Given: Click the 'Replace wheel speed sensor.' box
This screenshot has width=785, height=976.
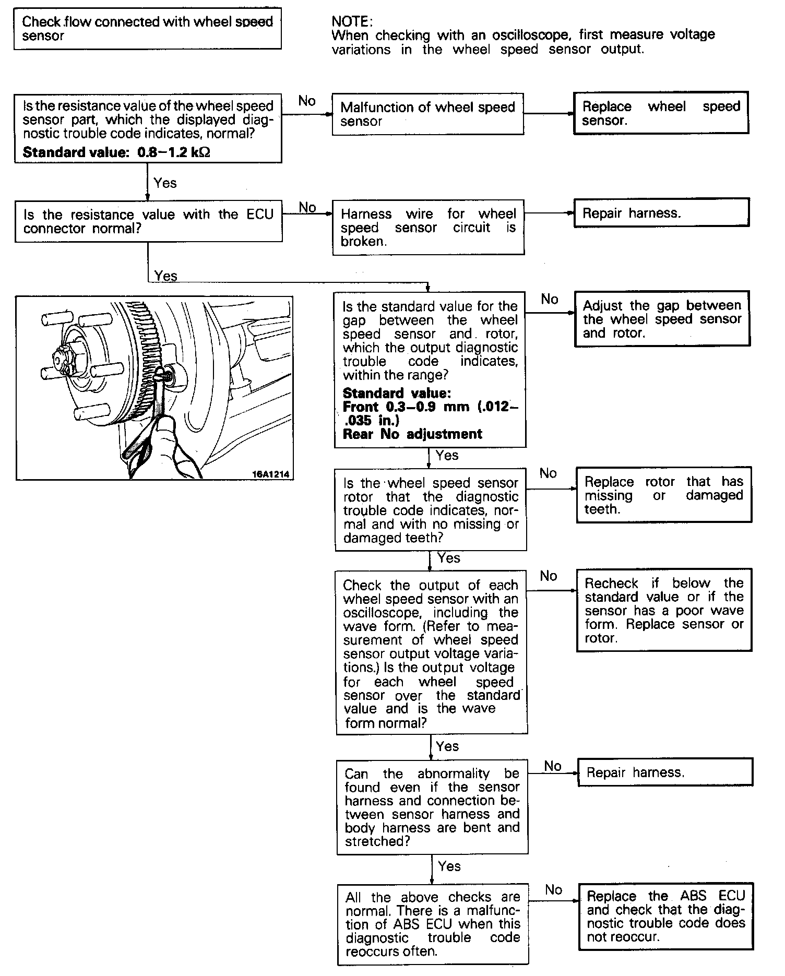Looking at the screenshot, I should pos(661,113).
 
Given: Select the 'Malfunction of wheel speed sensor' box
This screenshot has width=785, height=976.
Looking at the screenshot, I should pos(427,114).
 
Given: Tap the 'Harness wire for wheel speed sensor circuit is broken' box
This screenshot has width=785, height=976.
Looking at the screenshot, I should pos(428,227).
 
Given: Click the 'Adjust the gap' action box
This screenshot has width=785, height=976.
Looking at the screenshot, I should pos(662,319).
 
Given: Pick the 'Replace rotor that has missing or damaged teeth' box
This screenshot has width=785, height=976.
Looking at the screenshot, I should pos(663,495).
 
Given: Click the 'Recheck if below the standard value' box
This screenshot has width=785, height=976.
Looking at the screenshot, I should pos(664,610).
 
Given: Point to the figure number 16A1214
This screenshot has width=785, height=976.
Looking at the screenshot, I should pos(270,474).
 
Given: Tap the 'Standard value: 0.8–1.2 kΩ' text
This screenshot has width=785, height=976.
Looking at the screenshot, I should pos(116,152).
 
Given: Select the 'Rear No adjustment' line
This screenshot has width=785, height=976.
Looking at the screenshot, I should pos(412,434).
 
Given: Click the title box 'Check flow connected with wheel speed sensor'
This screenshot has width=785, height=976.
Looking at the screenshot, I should pos(147,29).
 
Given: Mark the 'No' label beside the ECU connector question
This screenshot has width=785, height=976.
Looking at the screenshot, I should pos(307,207).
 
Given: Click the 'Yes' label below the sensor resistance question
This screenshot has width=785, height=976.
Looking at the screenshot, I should pos(165,183).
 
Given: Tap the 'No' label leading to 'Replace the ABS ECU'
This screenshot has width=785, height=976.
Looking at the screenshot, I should pos(553,890).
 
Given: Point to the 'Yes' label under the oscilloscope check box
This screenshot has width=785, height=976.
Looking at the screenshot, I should pos(447,746).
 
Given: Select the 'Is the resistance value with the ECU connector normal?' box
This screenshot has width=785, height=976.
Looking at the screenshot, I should pos(148,221).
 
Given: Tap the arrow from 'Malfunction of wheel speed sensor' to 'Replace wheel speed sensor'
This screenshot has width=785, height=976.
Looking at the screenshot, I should pos(548,113).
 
